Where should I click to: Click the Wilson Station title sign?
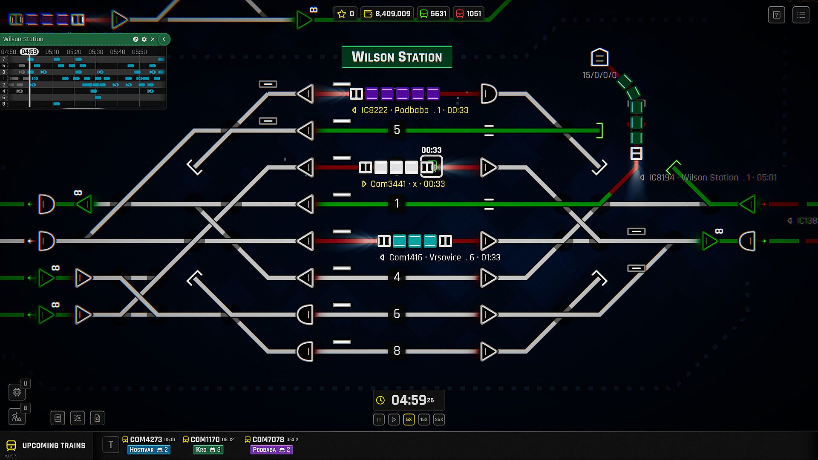[x=397, y=57]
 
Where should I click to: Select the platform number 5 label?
[x=397, y=129]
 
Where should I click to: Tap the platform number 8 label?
[x=397, y=351]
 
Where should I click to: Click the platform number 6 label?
[x=397, y=314]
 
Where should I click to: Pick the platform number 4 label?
[x=397, y=277]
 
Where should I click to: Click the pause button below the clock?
[x=379, y=420]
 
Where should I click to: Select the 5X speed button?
[x=409, y=420]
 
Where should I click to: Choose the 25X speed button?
[x=439, y=420]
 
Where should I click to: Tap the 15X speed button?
[x=424, y=420]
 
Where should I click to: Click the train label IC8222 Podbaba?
[x=410, y=110]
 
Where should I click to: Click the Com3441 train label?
[x=403, y=184]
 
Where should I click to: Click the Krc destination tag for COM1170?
[x=208, y=450]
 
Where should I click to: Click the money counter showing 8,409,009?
[x=387, y=14]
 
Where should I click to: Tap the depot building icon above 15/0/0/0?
[x=599, y=57]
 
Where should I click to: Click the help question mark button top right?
[x=776, y=15]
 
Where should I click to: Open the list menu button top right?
[x=801, y=15]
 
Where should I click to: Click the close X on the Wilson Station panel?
[x=153, y=39]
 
